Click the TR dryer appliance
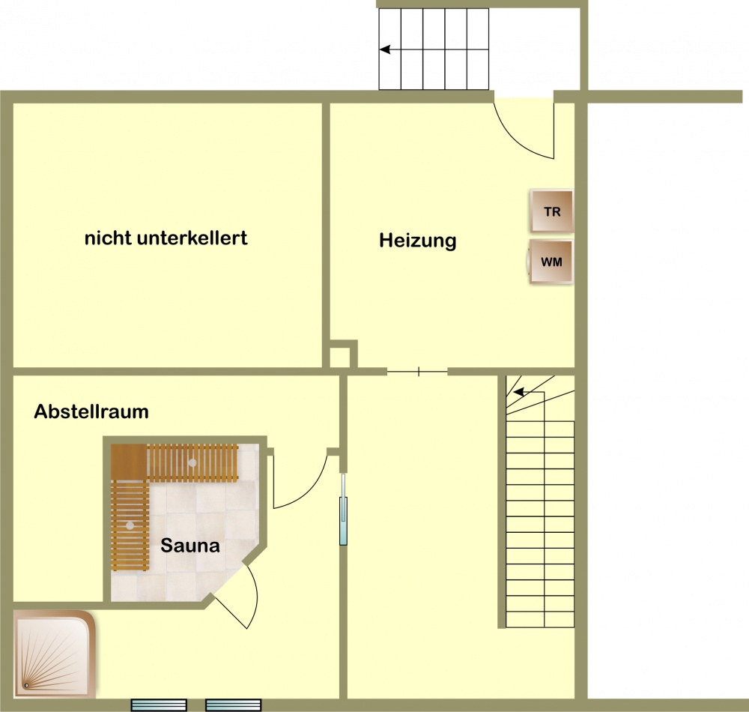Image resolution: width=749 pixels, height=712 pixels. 552,211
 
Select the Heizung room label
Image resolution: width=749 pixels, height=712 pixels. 417,241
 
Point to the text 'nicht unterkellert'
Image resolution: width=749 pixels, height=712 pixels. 166,238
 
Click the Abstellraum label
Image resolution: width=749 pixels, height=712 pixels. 91,411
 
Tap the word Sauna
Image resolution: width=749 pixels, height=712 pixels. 190,545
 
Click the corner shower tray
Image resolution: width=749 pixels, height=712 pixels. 54,654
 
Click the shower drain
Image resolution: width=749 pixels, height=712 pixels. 27,685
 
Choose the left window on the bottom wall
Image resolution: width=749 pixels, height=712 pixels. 159,705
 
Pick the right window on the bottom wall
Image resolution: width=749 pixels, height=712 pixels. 234,705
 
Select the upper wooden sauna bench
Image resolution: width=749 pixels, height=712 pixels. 175,462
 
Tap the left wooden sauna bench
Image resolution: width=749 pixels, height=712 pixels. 130,525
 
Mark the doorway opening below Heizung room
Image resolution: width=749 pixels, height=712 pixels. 417,371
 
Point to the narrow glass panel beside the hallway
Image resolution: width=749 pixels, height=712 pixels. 343,510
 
